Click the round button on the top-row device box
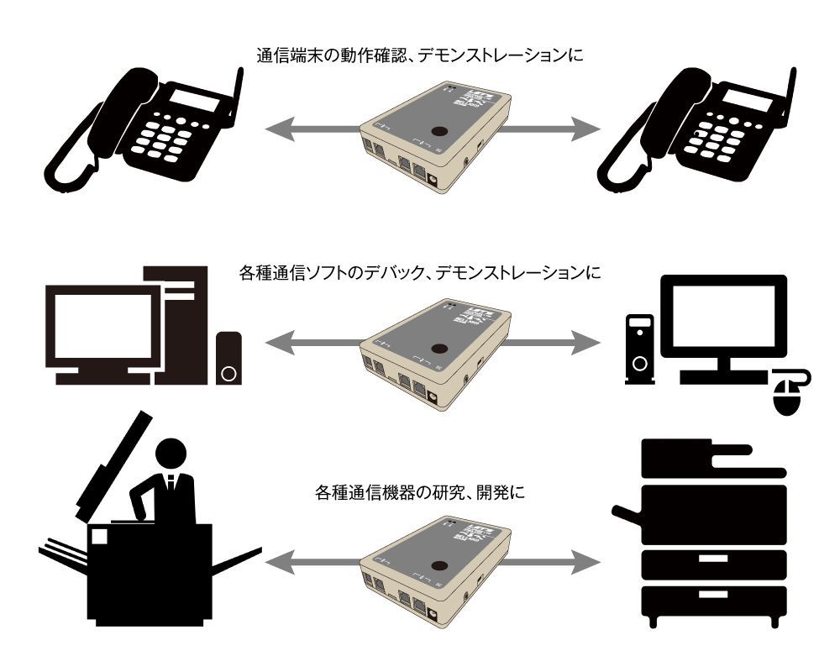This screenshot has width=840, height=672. tap(438, 132)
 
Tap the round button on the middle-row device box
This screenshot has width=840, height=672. tap(438, 348)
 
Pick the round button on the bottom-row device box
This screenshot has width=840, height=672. tap(438, 564)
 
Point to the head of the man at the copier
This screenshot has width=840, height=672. tap(172, 454)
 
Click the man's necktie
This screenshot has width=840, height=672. tap(171, 484)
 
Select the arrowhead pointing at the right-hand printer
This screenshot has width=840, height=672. tap(588, 559)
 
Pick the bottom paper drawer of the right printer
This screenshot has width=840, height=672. tap(713, 601)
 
